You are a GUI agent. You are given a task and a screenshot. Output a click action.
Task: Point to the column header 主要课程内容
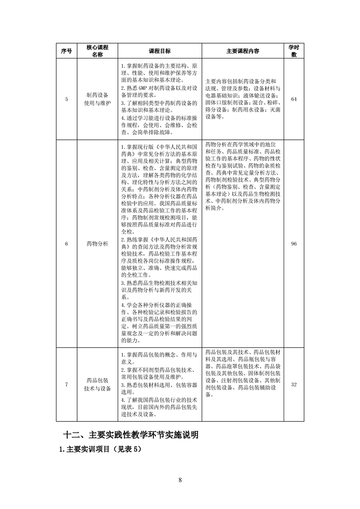click(x=243, y=51)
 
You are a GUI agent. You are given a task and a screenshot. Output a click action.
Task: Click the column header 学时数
click(x=294, y=51)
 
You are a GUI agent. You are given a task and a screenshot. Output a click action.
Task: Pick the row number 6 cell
click(x=66, y=244)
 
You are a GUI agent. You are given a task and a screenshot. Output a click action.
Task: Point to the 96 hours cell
click(x=294, y=244)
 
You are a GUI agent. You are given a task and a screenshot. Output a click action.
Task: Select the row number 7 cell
click(x=66, y=385)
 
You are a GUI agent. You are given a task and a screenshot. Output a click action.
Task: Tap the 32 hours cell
click(x=294, y=385)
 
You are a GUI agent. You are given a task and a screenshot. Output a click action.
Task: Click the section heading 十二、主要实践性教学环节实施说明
click(x=130, y=435)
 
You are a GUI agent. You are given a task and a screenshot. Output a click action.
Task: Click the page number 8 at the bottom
click(x=180, y=480)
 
